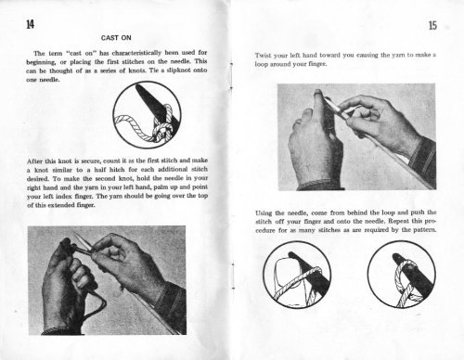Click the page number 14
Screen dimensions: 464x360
tap(30, 24)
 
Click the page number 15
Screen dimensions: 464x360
tap(432, 25)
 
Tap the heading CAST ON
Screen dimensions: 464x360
tap(116, 38)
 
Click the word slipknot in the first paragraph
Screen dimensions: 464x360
tap(179, 71)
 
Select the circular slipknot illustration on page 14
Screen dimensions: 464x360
tap(147, 115)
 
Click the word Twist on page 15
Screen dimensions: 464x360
tap(263, 56)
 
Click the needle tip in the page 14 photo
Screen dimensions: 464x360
tap(74, 234)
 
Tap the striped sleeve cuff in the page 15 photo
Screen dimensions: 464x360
tap(423, 159)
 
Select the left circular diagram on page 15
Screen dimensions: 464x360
tap(297, 275)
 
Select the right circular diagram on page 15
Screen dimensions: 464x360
tap(402, 275)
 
